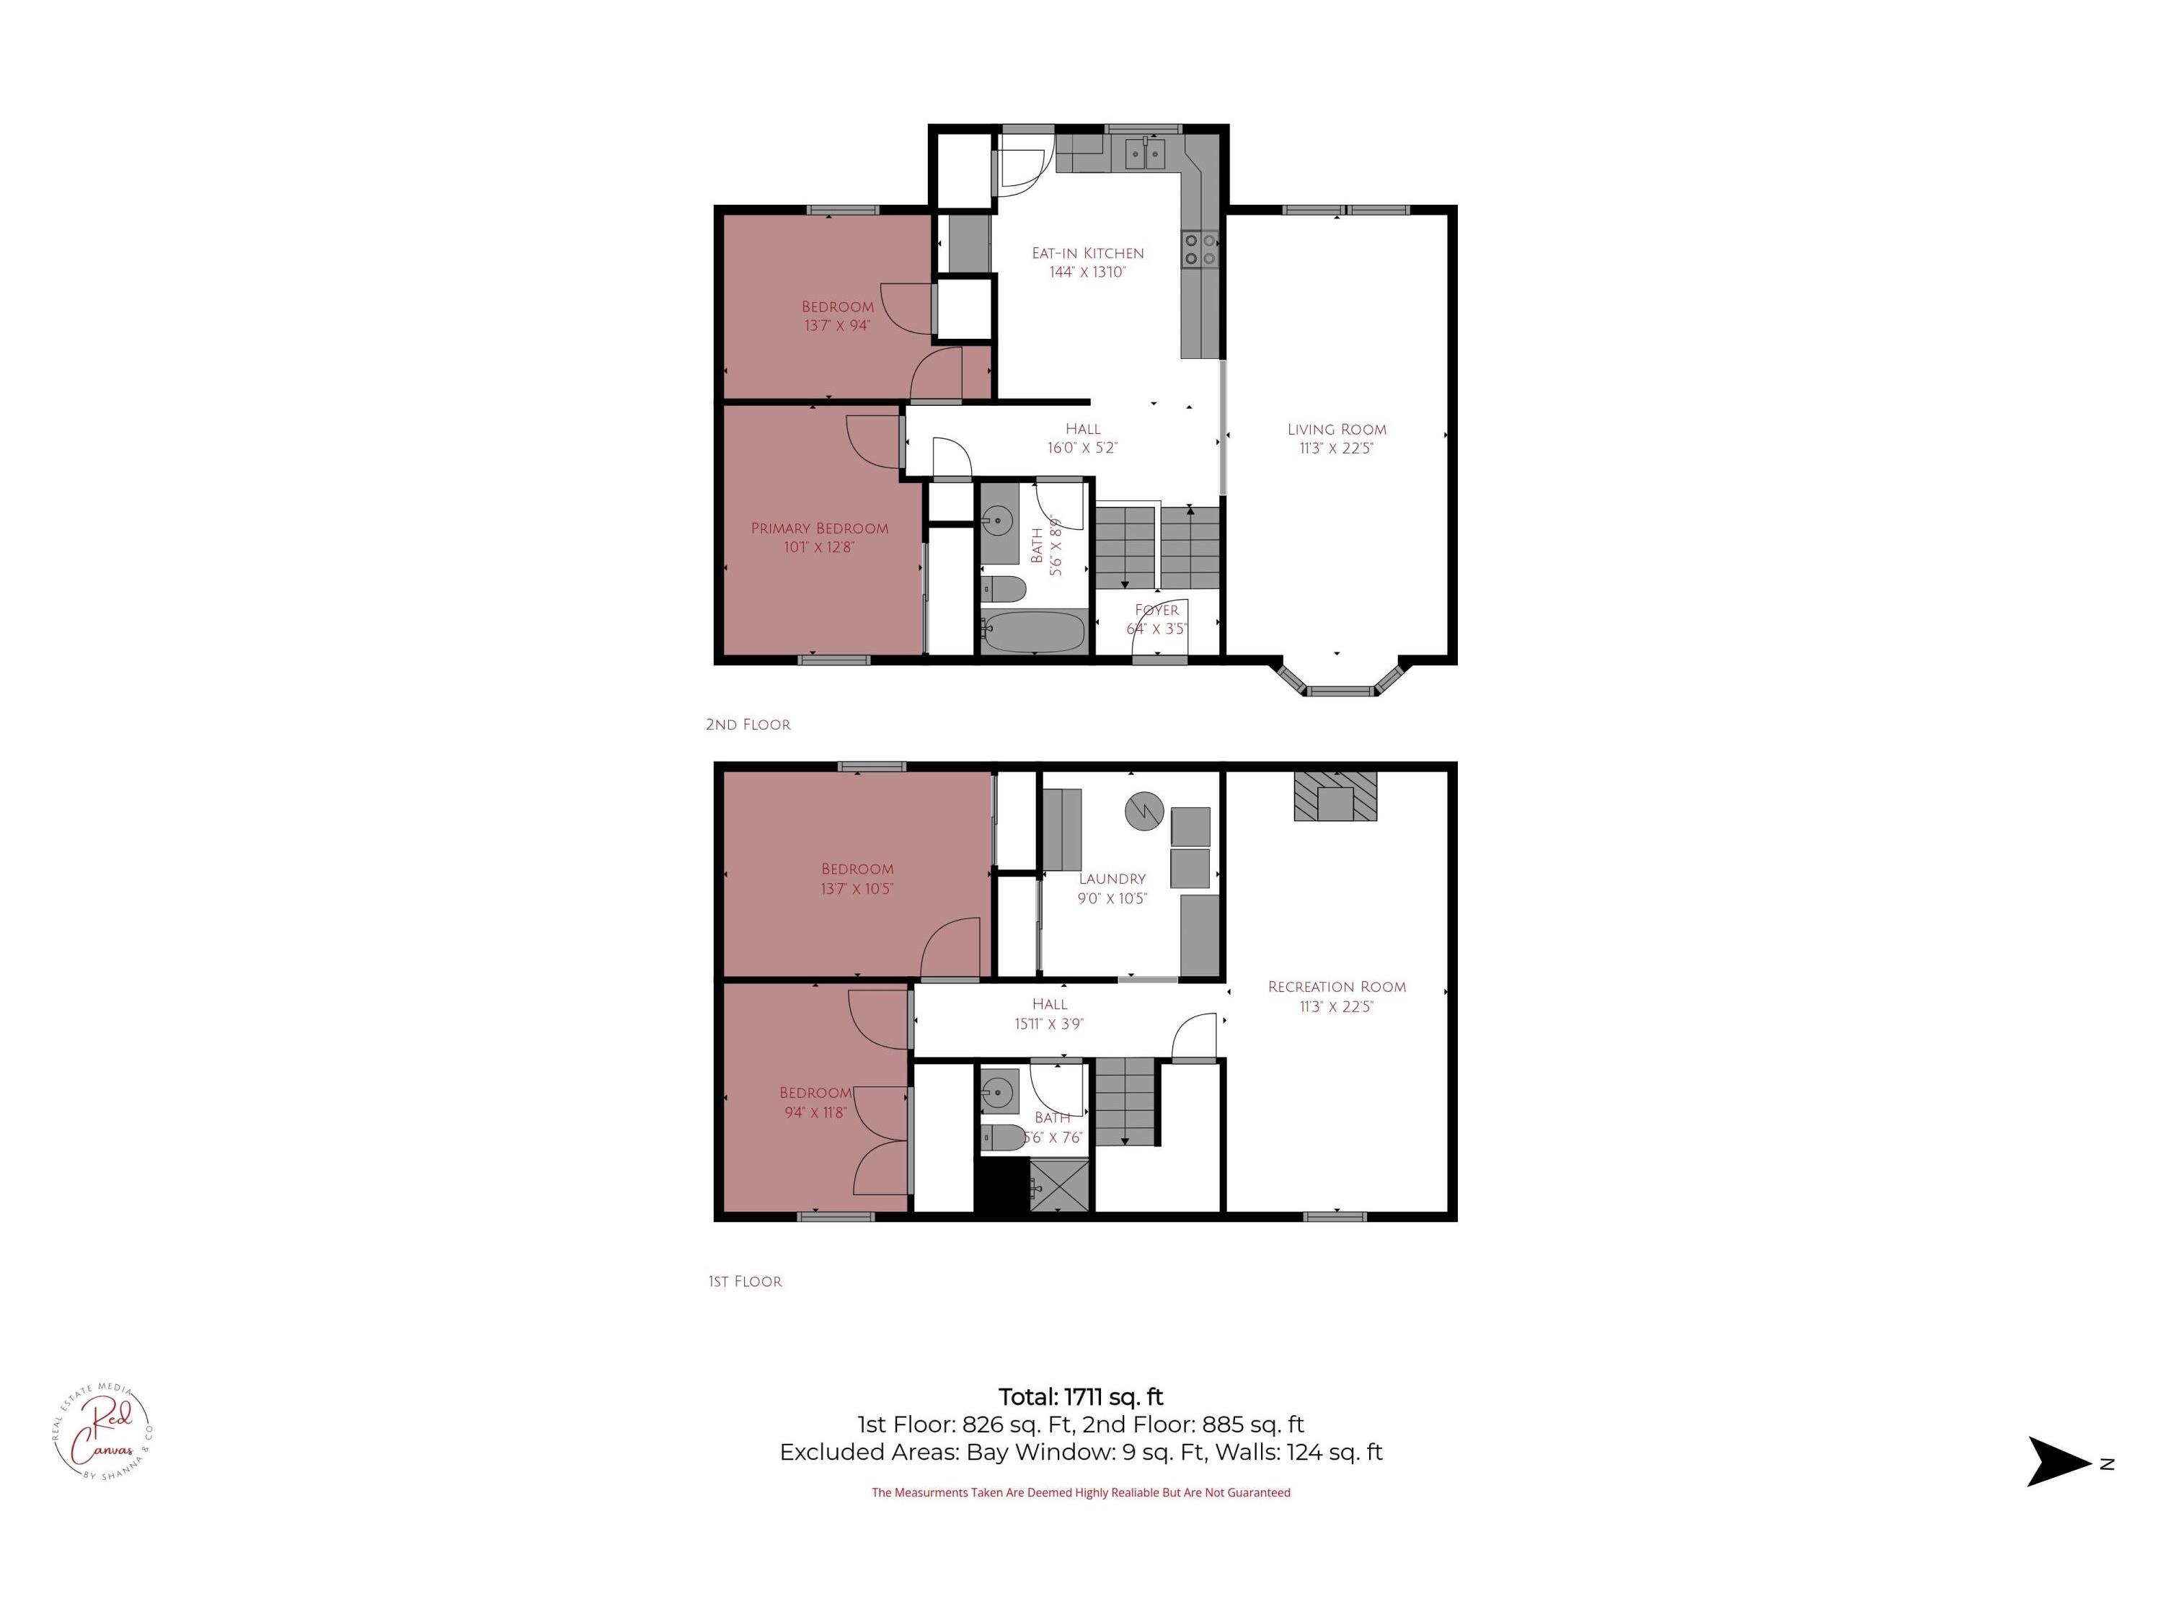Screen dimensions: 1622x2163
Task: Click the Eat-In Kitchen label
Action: [x=1087, y=253]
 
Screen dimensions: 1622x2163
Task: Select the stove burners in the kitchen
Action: [x=1200, y=249]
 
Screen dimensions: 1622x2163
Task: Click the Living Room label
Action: [x=1336, y=429]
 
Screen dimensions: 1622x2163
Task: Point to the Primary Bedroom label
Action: [x=820, y=528]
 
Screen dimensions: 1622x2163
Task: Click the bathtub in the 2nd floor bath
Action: [x=1034, y=632]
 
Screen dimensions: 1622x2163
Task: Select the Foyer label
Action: [x=1156, y=610]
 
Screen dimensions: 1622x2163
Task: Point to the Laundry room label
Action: [x=1112, y=879]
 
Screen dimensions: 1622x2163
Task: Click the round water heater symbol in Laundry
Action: [x=1142, y=810]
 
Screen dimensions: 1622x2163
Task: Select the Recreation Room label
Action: [x=1336, y=986]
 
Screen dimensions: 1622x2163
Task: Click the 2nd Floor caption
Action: [x=748, y=724]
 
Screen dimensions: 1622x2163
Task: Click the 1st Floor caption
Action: [x=745, y=1281]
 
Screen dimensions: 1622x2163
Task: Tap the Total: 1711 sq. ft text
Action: [x=1081, y=1396]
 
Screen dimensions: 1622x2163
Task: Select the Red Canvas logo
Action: [x=102, y=1432]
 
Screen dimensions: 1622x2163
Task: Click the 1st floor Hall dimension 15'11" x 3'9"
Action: [x=1048, y=1024]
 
